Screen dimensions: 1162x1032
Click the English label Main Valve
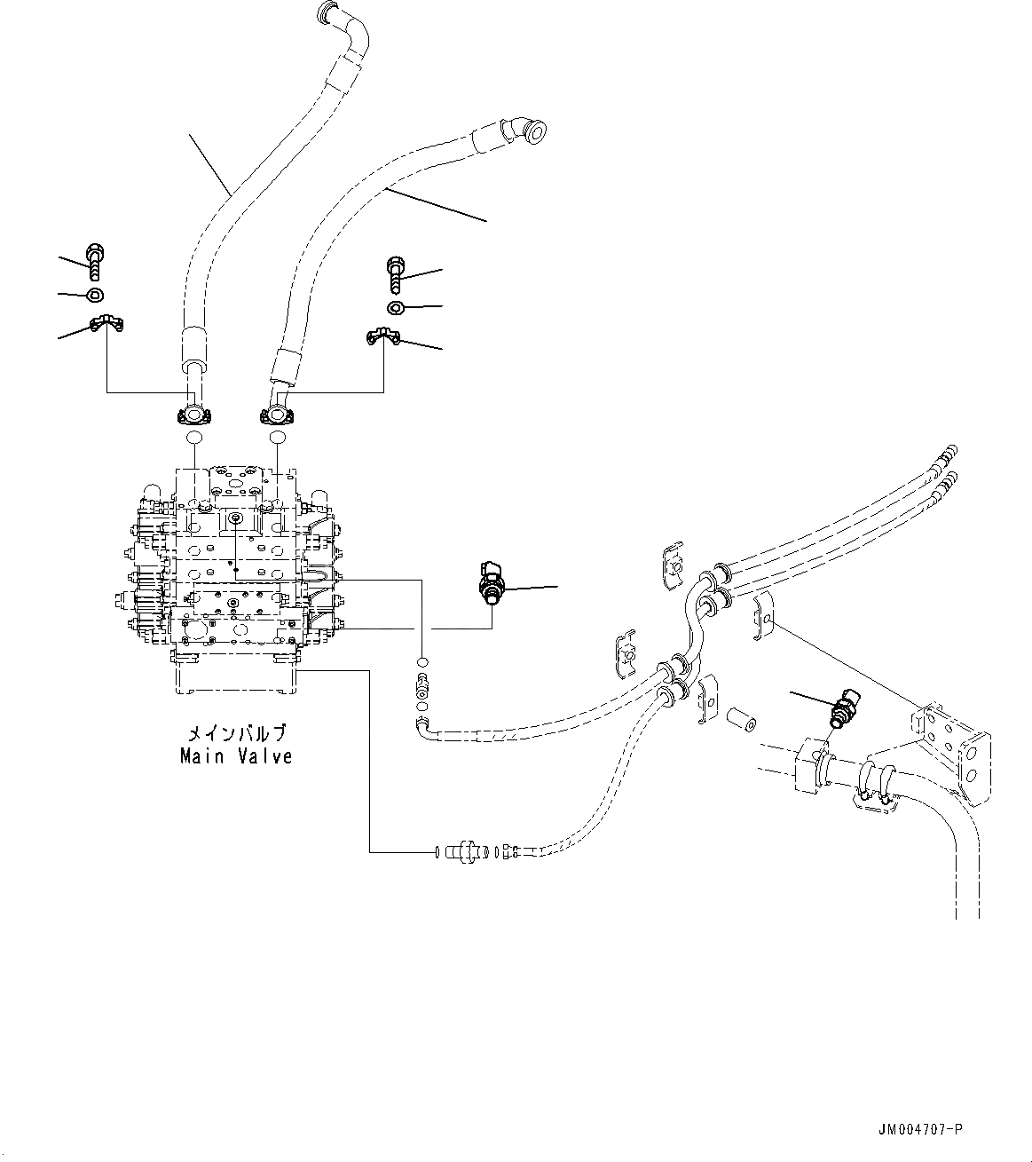click(236, 756)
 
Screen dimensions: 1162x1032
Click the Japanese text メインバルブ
click(236, 734)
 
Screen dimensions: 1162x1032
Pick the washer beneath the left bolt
click(94, 295)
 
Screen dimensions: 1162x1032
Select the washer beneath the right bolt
click(396, 307)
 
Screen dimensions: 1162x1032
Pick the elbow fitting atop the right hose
click(524, 130)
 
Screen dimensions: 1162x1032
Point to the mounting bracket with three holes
click(951, 750)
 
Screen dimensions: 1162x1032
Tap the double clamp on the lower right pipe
click(874, 785)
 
